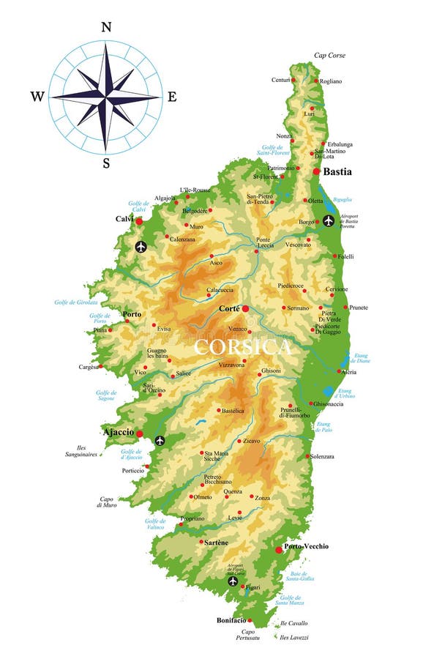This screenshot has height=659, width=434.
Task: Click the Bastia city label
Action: tap(337, 171)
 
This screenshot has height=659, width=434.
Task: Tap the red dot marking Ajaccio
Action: tap(139, 433)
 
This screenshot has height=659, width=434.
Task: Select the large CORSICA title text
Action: tap(242, 346)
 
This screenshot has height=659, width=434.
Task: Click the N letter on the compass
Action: tap(106, 27)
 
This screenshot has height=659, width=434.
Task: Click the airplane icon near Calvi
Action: tap(141, 247)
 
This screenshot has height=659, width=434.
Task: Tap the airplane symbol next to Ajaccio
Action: tap(160, 440)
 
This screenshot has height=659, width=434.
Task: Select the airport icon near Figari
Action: tap(233, 581)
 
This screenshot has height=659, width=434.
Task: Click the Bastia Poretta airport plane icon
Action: tap(329, 220)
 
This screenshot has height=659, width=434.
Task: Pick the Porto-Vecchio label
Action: tap(307, 546)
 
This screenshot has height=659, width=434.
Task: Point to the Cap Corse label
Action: tap(329, 55)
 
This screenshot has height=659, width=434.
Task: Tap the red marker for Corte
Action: tap(246, 309)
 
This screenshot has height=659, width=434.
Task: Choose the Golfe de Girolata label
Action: tap(76, 302)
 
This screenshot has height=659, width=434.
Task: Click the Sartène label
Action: tap(217, 542)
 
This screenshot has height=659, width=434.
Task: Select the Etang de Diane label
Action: tap(361, 358)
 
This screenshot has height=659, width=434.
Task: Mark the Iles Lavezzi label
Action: tap(293, 637)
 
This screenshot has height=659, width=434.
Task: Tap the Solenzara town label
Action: tap(322, 456)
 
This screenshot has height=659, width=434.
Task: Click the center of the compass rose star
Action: tap(106, 96)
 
